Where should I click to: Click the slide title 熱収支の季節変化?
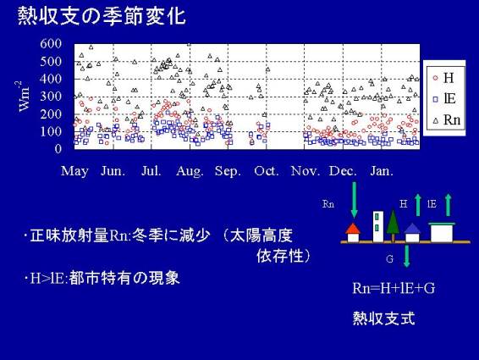click(102, 16)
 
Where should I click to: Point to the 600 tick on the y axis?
click(51, 43)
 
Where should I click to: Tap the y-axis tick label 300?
click(51, 97)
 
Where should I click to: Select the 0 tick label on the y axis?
click(58, 149)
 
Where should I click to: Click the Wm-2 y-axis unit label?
click(23, 97)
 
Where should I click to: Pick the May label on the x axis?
click(74, 171)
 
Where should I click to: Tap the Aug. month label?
click(190, 171)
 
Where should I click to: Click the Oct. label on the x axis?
click(267, 171)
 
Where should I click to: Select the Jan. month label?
click(382, 171)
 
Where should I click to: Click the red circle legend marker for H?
click(436, 78)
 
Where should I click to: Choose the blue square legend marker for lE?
click(436, 99)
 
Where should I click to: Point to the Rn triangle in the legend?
click(436, 120)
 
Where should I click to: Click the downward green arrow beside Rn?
click(354, 200)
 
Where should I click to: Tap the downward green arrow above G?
click(406, 256)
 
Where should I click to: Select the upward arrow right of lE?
click(448, 205)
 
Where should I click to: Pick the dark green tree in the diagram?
click(393, 225)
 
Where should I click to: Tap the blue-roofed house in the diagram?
click(412, 233)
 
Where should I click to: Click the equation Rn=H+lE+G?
click(394, 289)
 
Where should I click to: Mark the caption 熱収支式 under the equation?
click(383, 318)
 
